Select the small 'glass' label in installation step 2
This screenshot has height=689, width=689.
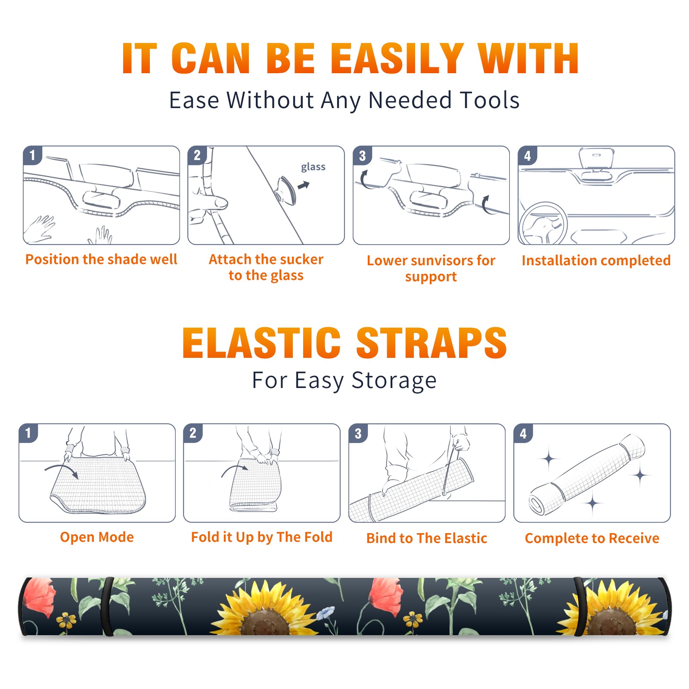313,167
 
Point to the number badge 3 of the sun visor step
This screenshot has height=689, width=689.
362,155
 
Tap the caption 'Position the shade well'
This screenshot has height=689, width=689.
101,259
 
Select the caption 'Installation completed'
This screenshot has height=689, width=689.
596,260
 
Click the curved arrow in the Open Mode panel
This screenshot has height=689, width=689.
61,470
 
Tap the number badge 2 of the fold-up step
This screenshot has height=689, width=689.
193,433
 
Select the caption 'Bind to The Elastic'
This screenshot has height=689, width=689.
427,538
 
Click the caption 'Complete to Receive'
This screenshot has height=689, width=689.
592,538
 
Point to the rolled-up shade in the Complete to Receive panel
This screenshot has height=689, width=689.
587,474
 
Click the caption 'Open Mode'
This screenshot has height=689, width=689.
97,537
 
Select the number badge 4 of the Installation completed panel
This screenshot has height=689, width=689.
528,155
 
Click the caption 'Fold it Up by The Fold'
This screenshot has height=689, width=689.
262,537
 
